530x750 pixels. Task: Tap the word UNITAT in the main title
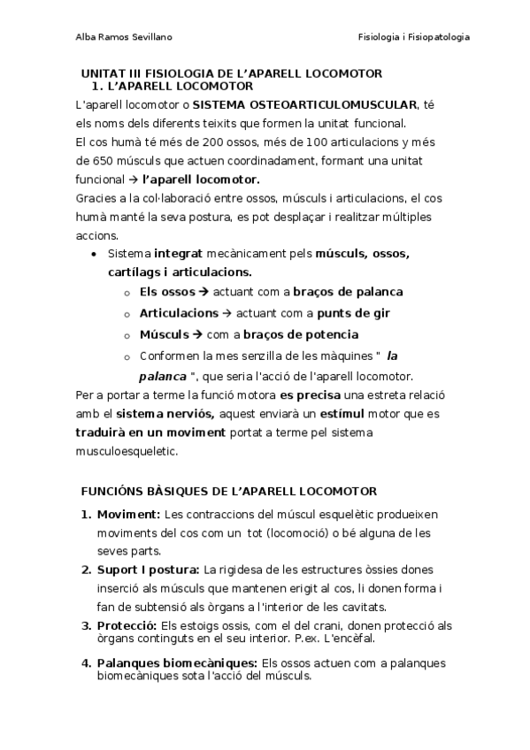click(x=102, y=73)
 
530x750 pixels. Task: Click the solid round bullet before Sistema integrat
click(x=95, y=254)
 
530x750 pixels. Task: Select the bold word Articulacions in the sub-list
click(x=179, y=313)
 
